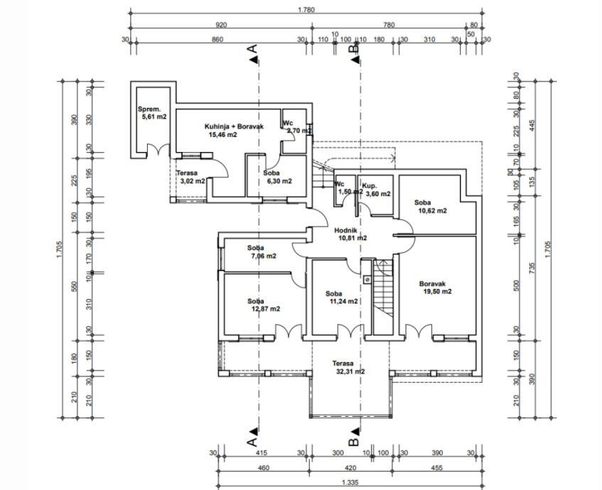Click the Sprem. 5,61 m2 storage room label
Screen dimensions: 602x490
click(151, 113)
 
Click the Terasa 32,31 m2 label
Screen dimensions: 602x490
click(348, 367)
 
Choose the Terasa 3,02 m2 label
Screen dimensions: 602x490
click(191, 177)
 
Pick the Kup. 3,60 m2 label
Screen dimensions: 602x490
click(375, 190)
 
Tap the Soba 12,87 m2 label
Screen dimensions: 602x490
click(263, 305)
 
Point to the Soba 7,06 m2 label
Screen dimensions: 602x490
click(261, 252)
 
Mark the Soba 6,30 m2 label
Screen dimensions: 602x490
click(278, 177)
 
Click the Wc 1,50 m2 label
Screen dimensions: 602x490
click(345, 188)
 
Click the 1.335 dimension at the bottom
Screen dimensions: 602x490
click(348, 483)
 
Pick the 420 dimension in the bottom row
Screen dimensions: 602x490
click(350, 468)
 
